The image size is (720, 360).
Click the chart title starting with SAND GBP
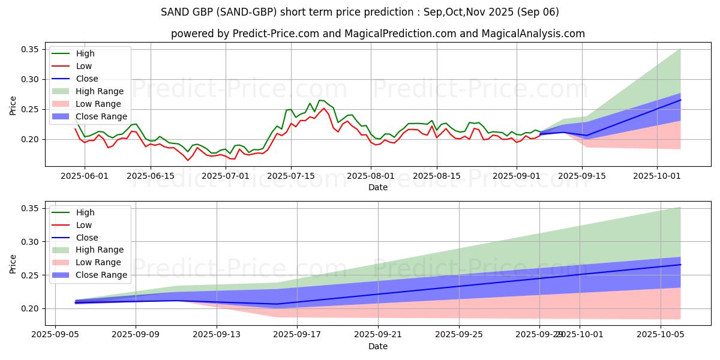[360, 12]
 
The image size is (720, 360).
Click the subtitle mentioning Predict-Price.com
[378, 34]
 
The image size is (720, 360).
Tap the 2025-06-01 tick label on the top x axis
[85, 176]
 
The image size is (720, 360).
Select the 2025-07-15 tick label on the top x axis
[291, 176]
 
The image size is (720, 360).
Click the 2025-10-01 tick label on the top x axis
[657, 176]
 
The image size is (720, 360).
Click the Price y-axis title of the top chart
[13, 106]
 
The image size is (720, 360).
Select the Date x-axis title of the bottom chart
[378, 346]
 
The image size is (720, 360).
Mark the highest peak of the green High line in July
[320, 100]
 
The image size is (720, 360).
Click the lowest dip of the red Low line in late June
[187, 160]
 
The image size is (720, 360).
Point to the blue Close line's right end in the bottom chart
[680, 265]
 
